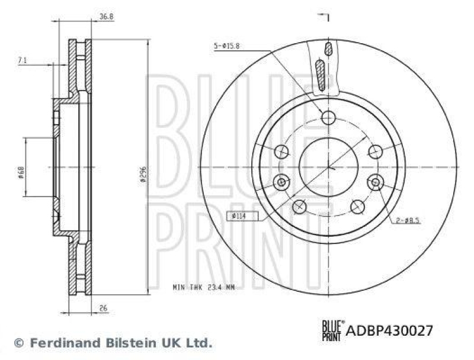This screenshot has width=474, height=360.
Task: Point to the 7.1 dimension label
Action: click(22, 60)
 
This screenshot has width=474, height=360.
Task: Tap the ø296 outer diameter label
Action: click(143, 172)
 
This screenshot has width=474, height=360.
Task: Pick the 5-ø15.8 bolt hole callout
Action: click(229, 45)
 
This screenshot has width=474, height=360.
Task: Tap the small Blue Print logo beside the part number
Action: click(332, 329)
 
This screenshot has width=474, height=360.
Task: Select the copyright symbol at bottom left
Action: click(18, 342)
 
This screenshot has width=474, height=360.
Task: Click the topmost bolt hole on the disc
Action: click(328, 118)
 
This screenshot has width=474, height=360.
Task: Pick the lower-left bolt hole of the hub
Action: click(300, 206)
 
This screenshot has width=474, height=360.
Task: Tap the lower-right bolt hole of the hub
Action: click(357, 206)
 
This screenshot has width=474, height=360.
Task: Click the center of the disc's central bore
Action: click(328, 167)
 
